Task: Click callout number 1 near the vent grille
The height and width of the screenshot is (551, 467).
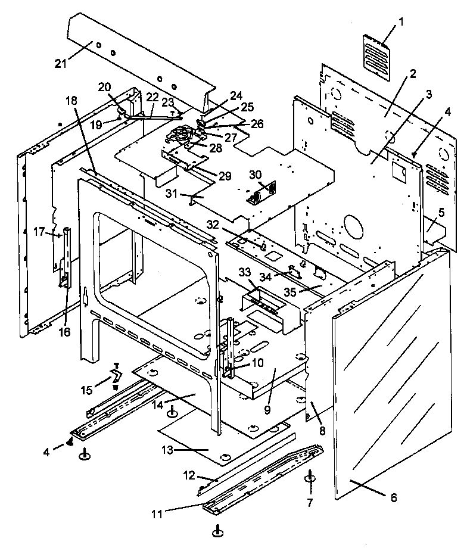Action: [x=401, y=22]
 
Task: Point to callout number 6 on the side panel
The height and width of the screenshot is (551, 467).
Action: [x=394, y=497]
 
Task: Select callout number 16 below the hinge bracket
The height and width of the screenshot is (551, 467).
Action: [x=65, y=331]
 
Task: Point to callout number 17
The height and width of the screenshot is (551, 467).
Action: [x=38, y=231]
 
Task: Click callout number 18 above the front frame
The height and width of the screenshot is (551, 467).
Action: [x=71, y=101]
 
